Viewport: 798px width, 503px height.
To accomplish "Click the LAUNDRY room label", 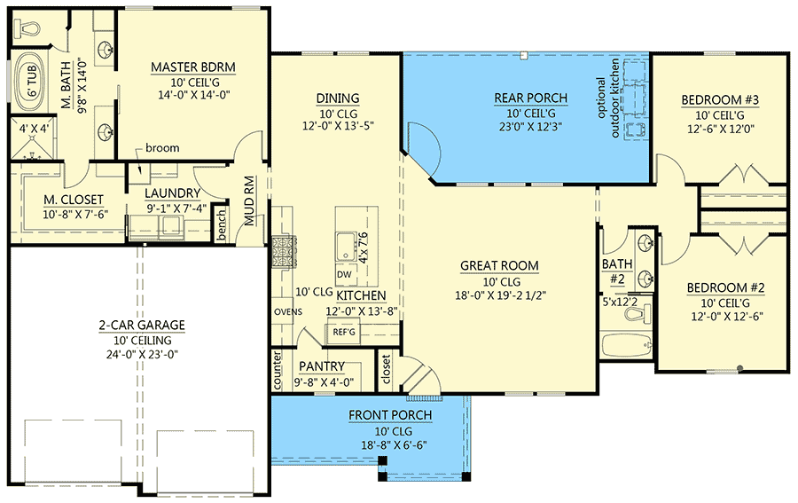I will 174,193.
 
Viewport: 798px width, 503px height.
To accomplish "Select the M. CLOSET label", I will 74,198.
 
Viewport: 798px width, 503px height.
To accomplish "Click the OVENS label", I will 287,311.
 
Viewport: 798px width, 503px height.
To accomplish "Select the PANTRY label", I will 321,365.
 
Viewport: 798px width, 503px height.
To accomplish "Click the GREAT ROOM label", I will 498,265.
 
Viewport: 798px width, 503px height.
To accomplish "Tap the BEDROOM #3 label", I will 719,100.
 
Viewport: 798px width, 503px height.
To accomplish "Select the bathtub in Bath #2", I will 626,345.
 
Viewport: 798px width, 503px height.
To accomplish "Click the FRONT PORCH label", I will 390,415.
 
